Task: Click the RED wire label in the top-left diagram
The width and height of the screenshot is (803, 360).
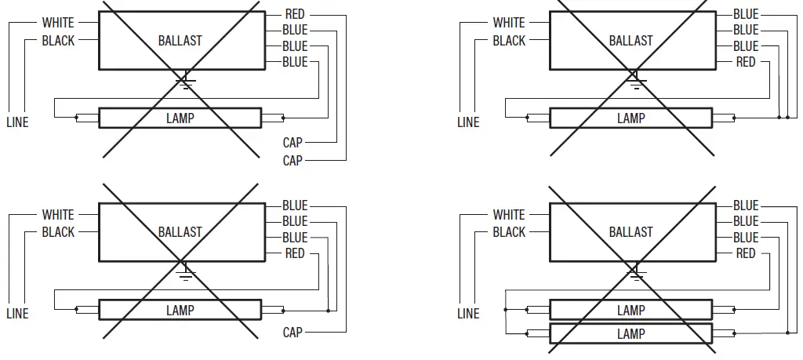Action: point(295,14)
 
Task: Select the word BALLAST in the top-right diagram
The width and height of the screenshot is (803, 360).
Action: point(630,40)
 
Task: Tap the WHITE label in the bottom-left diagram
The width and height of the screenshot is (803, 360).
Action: point(58,215)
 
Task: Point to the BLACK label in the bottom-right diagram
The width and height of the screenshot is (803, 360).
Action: point(509,232)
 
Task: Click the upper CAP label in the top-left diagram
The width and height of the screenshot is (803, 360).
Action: point(292,143)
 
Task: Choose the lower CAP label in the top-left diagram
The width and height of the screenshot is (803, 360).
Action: point(292,160)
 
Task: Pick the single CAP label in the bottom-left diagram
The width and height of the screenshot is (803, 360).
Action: point(292,333)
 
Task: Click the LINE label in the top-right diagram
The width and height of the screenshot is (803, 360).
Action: point(468,122)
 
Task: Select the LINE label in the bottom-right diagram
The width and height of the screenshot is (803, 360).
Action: point(468,314)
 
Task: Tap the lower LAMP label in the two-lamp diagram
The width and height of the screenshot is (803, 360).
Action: point(630,333)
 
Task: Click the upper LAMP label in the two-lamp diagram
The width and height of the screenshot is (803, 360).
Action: point(630,311)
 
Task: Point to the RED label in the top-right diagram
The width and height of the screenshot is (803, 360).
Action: point(746,62)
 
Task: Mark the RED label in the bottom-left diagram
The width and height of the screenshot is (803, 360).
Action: point(295,253)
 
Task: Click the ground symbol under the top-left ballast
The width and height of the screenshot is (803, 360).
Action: point(186,80)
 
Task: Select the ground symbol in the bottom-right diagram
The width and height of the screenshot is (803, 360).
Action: point(637,271)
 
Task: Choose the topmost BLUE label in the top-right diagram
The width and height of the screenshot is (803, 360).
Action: point(746,14)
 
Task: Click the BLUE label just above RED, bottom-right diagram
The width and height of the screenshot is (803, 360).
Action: point(746,238)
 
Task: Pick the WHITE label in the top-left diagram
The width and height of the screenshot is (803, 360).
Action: point(58,23)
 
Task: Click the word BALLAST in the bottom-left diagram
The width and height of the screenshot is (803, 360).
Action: point(180,232)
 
